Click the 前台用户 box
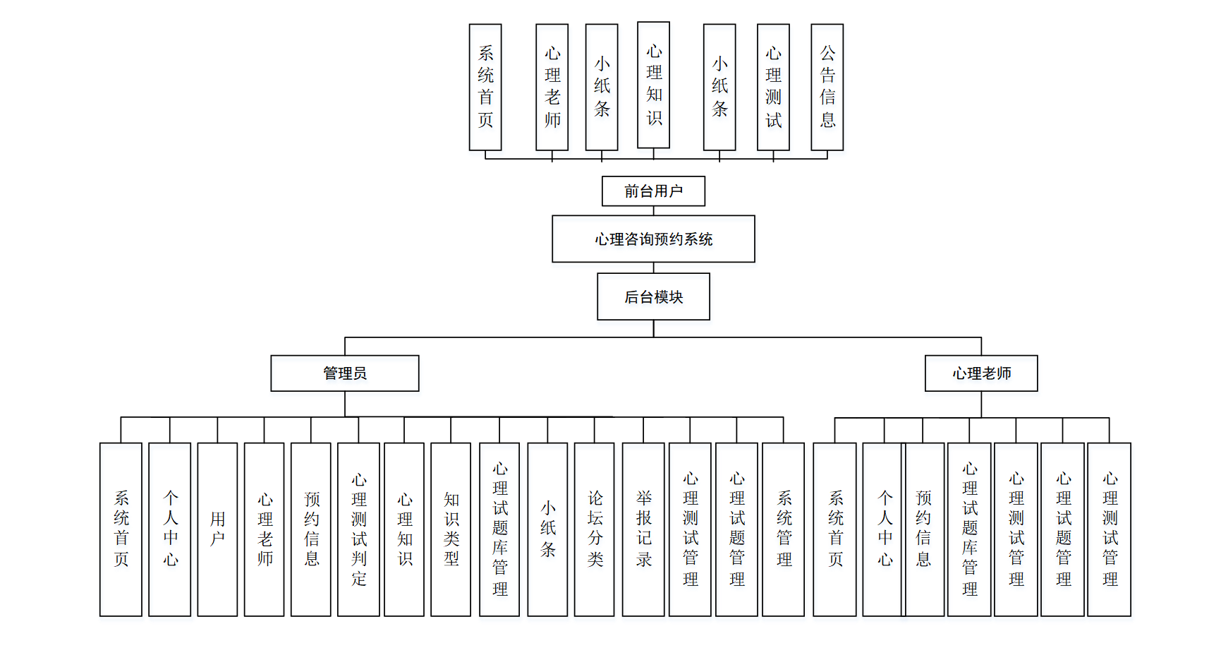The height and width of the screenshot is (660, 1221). point(653,191)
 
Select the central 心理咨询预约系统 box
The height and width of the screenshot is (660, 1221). point(653,239)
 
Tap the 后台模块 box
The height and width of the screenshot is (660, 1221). point(653,297)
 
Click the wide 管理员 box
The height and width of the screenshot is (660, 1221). point(345,373)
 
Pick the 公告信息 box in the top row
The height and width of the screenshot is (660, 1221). point(827,87)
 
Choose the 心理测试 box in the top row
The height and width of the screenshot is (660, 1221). point(773,87)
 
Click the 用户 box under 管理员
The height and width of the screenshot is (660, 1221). point(217,529)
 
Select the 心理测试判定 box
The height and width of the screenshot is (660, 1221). point(359,529)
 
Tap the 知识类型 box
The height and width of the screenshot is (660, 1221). point(451,529)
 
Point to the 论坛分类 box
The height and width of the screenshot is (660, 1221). point(595,529)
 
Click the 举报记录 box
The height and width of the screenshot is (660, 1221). point(643,529)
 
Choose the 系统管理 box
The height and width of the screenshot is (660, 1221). point(784,529)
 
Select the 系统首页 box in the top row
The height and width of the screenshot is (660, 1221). point(485,87)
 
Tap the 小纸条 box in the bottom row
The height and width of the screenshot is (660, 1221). point(547,529)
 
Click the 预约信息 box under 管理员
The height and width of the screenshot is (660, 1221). point(311,529)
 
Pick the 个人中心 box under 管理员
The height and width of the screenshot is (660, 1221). point(170,529)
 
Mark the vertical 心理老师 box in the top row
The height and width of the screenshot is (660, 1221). point(552,87)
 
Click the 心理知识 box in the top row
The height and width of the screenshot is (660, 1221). point(654,85)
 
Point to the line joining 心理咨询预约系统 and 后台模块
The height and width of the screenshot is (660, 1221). point(654,268)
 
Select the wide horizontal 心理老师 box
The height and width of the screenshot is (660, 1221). point(981,373)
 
